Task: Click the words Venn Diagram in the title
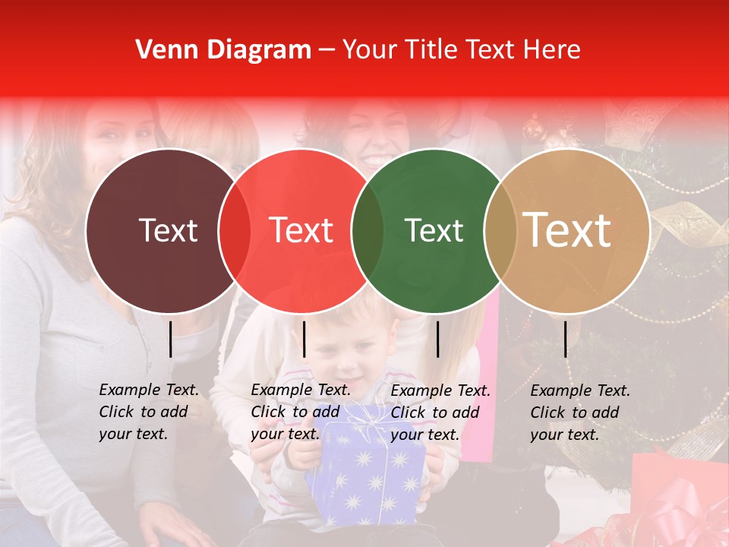click(223, 50)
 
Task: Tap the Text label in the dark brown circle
click(169, 230)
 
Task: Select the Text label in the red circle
click(301, 230)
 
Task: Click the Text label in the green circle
click(434, 230)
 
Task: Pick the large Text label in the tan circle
click(567, 230)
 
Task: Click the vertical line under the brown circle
click(170, 339)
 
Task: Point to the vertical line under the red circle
click(304, 339)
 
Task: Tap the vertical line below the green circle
click(437, 339)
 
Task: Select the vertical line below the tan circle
click(565, 339)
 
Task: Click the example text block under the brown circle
click(149, 412)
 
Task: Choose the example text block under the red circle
click(301, 412)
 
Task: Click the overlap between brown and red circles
click(235, 230)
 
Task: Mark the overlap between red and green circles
click(368, 230)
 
